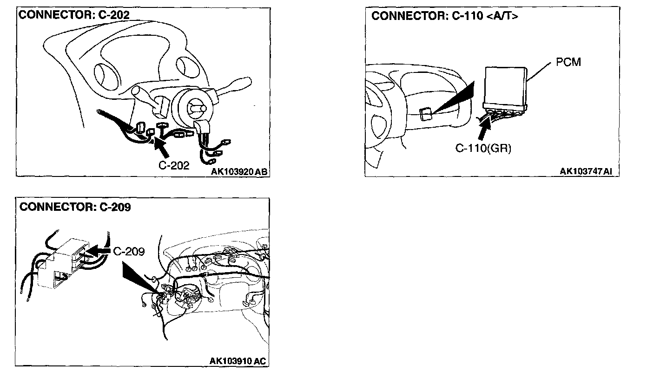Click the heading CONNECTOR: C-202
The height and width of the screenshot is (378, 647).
coord(74,14)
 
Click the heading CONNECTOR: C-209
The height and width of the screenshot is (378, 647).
coord(75,207)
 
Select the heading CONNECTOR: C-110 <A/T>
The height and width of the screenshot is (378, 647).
coord(445,16)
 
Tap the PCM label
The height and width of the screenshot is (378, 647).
coord(568,62)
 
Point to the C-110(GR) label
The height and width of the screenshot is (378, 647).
coord(483,149)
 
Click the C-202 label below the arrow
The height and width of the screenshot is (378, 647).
coord(174,165)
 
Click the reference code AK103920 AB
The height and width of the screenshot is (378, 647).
coord(239,172)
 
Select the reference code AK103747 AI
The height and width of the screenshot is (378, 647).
coord(586,171)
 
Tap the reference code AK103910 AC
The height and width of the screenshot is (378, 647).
coord(238,361)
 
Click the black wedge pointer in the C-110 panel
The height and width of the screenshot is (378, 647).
coord(456,98)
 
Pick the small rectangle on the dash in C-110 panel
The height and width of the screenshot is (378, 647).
coord(424,114)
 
